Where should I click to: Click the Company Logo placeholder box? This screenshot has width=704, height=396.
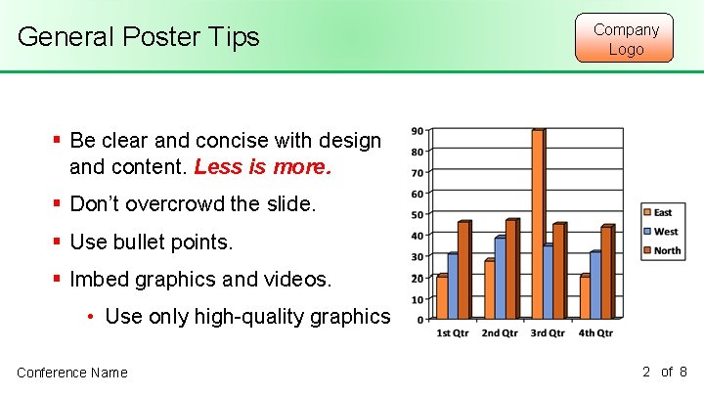(626, 38)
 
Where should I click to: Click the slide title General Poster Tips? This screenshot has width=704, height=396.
(139, 37)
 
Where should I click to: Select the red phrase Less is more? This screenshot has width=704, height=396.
(263, 166)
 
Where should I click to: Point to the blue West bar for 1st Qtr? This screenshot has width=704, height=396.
(453, 286)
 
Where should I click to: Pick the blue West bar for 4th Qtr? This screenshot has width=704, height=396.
(595, 285)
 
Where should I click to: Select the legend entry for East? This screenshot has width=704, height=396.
(662, 212)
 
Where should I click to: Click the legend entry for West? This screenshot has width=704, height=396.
(664, 232)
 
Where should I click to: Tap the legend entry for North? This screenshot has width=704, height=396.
(666, 251)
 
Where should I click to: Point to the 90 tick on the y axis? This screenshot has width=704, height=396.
(418, 131)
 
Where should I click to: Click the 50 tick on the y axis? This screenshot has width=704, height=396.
(418, 214)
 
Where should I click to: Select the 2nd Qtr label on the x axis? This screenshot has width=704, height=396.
(500, 333)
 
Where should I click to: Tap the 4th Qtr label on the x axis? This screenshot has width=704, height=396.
(594, 333)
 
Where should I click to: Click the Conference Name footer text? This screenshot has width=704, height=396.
(72, 372)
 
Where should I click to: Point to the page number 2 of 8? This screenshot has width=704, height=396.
(665, 372)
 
